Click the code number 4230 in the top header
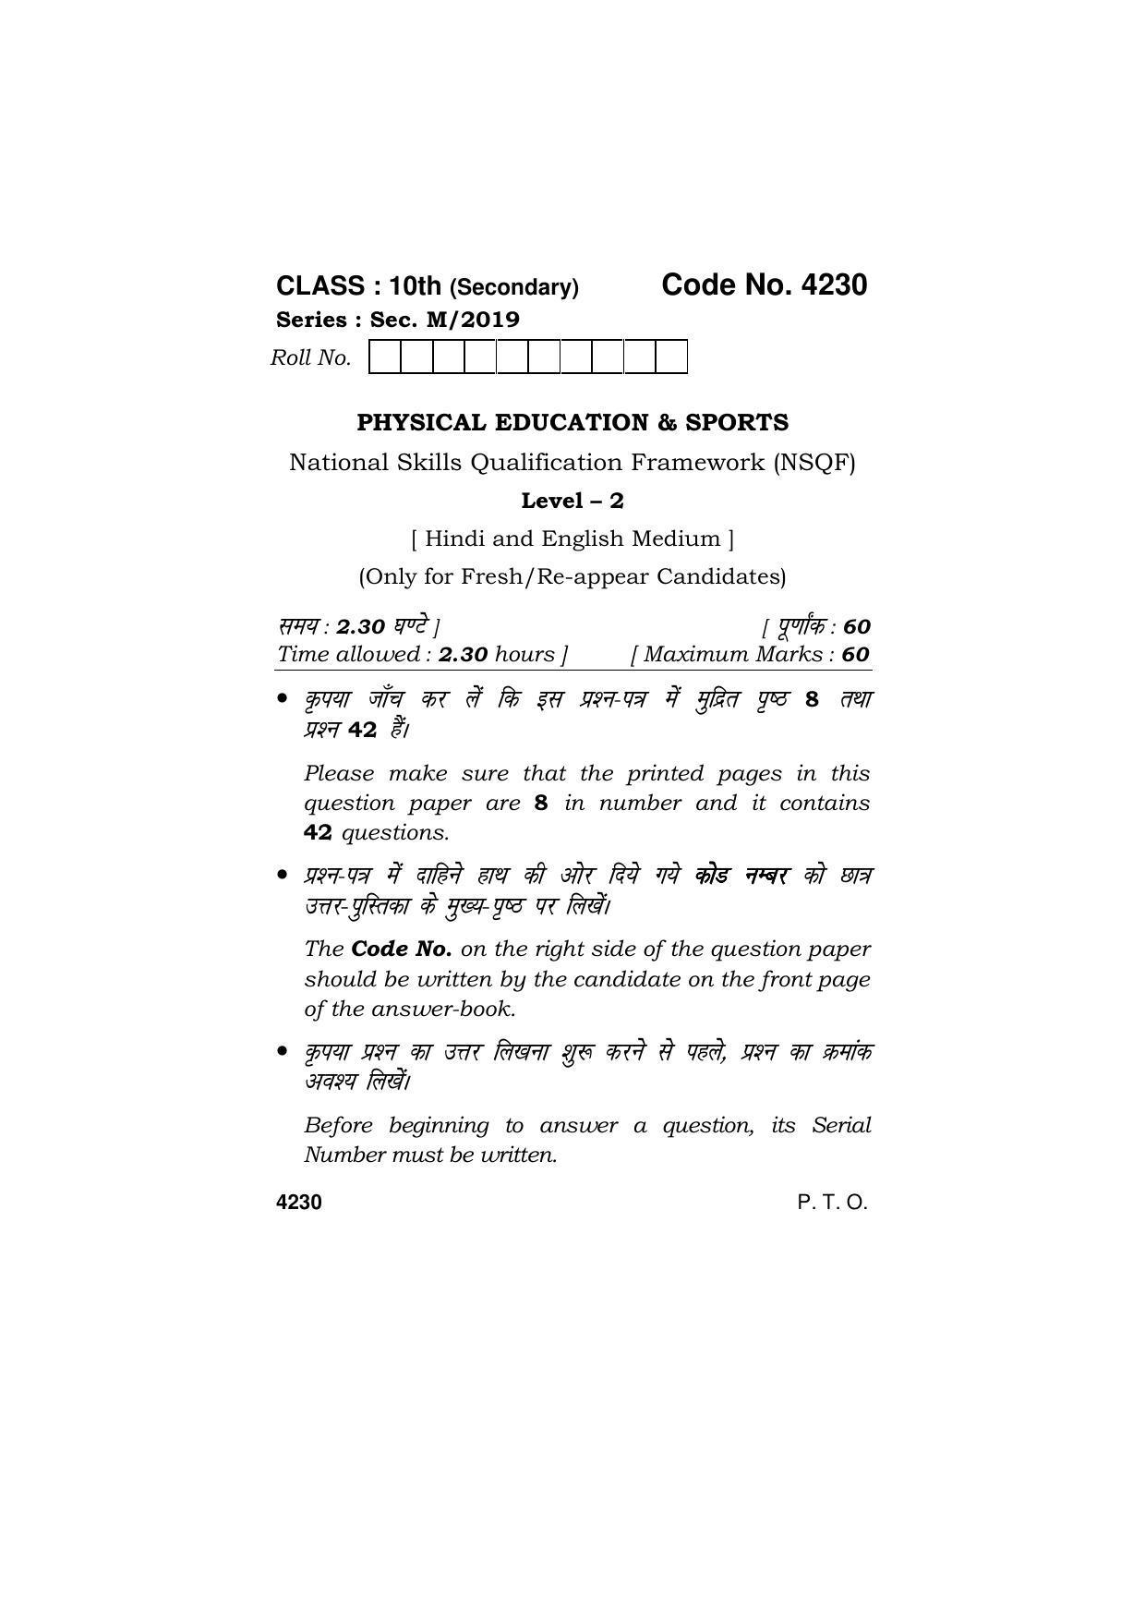[834, 285]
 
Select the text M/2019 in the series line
[472, 320]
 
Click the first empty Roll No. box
[384, 357]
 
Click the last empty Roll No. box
[671, 357]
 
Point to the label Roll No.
[310, 357]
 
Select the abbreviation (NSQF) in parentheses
[815, 462]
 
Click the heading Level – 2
[572, 501]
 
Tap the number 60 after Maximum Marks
[855, 655]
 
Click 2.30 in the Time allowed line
[463, 655]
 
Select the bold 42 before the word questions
[318, 832]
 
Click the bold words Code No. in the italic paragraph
[402, 949]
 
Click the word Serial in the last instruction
[841, 1125]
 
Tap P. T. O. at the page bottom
[832, 1202]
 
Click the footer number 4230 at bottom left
[299, 1202]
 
